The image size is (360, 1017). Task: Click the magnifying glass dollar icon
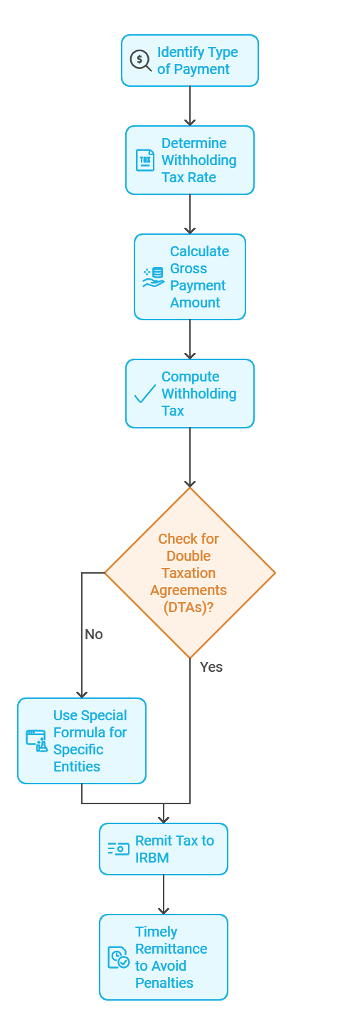click(140, 60)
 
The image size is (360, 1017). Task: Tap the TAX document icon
click(144, 160)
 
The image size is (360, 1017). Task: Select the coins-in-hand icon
click(152, 277)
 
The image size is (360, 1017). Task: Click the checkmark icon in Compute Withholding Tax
click(144, 394)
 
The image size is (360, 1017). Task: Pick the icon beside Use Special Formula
click(36, 741)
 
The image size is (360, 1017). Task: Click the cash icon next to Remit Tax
click(118, 849)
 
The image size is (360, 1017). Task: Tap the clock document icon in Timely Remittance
click(118, 957)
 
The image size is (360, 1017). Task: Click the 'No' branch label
click(94, 634)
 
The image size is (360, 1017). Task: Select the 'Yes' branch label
click(211, 667)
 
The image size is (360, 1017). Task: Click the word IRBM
click(152, 858)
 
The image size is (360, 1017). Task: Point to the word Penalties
click(164, 983)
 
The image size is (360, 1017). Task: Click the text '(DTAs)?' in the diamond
click(189, 607)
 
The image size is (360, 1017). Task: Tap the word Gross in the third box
click(189, 268)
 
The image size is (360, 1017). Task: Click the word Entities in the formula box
click(77, 766)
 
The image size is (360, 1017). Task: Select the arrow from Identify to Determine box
click(190, 106)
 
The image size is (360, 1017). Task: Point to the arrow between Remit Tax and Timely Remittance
click(164, 895)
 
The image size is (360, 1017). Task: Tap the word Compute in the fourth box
click(190, 376)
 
